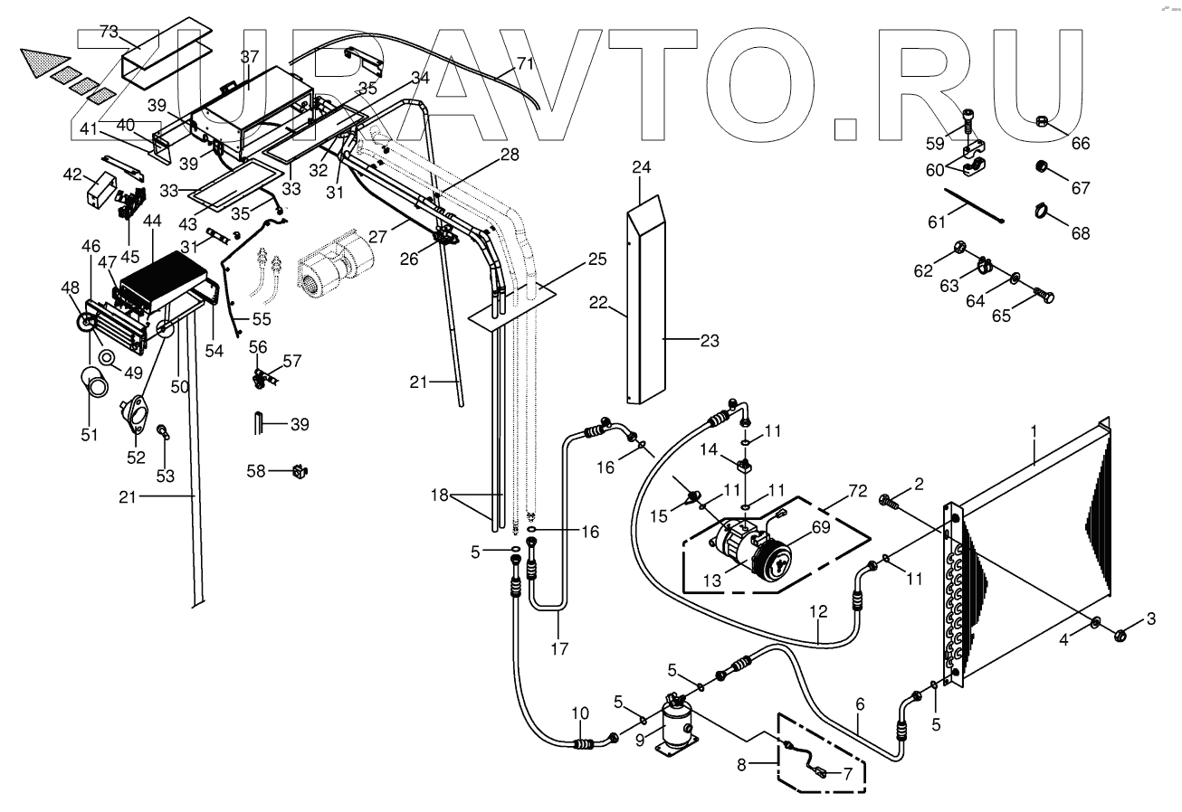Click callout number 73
109,32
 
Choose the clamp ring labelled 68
1040,212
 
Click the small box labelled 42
98,191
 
